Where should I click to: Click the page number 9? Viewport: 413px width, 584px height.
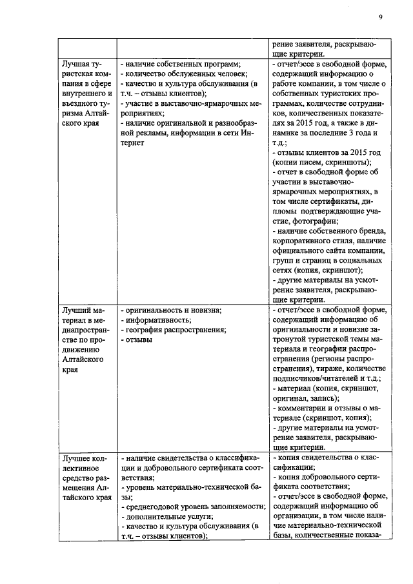pos(381,17)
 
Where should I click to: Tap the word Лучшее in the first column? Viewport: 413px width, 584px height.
pos(79,458)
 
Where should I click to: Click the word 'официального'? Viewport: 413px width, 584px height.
pos(299,250)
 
